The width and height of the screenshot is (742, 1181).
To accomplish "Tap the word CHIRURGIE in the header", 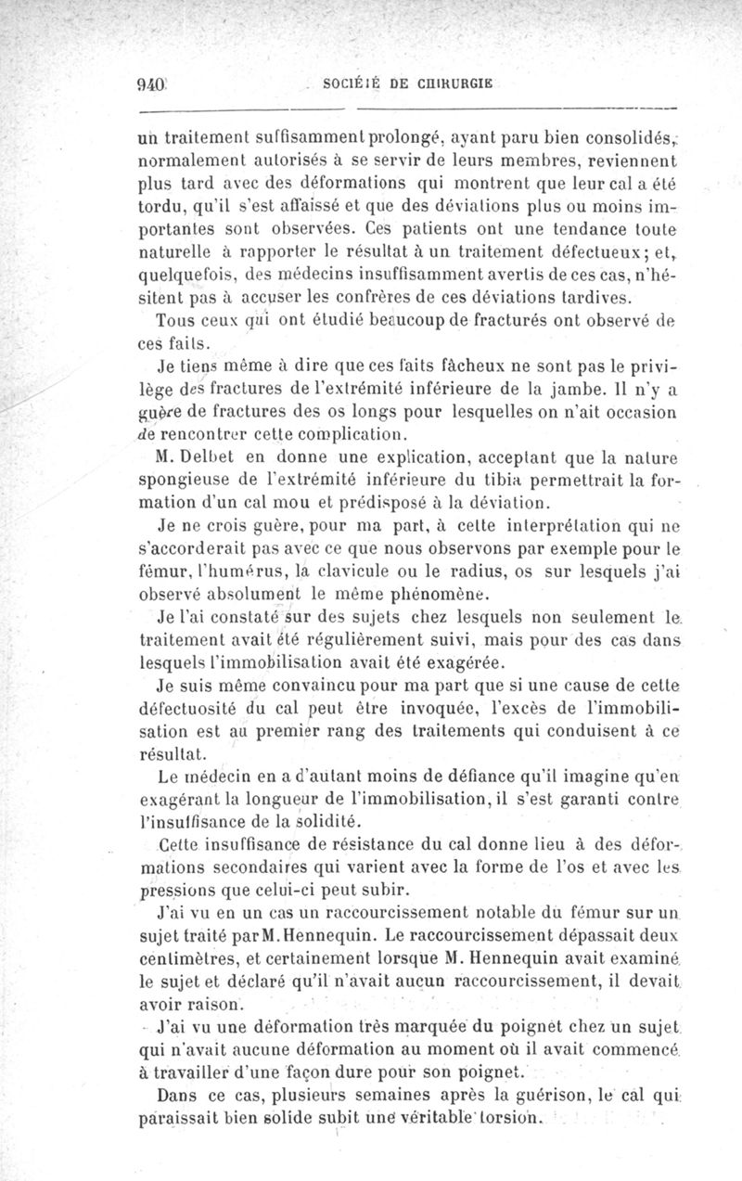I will click(x=450, y=82).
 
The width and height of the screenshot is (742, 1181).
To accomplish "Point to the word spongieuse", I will click(x=182, y=481).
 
